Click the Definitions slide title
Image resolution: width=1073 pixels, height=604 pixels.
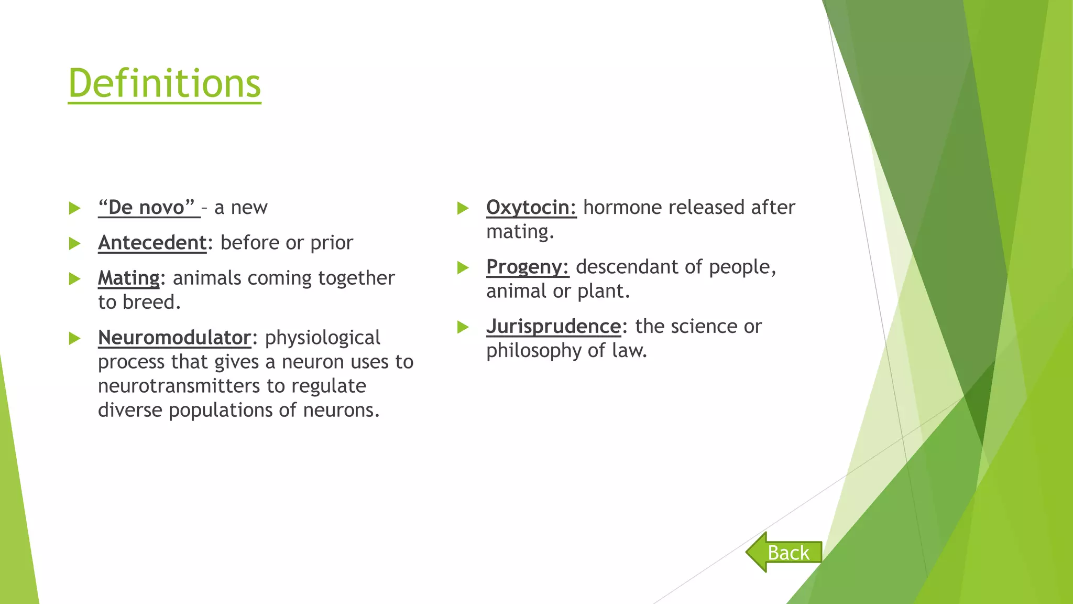pos(165,83)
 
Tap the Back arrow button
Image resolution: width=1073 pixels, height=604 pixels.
pos(784,552)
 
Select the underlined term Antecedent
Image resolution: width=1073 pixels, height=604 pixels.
pos(152,243)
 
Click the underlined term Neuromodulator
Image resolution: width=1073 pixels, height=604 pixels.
pos(174,338)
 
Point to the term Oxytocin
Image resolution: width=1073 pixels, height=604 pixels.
pos(531,208)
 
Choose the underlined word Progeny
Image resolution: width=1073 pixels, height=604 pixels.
pos(527,267)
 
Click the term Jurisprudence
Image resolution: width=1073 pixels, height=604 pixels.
pos(553,326)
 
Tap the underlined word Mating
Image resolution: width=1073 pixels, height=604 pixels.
pos(128,278)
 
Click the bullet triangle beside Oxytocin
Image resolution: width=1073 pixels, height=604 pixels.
pos(463,208)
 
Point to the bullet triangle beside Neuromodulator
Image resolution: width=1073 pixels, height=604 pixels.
pos(74,338)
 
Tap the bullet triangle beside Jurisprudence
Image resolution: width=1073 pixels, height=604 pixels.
pos(463,327)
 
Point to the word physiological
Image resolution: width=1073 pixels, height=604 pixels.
pos(322,338)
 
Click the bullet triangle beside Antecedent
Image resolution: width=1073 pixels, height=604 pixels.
pos(74,243)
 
